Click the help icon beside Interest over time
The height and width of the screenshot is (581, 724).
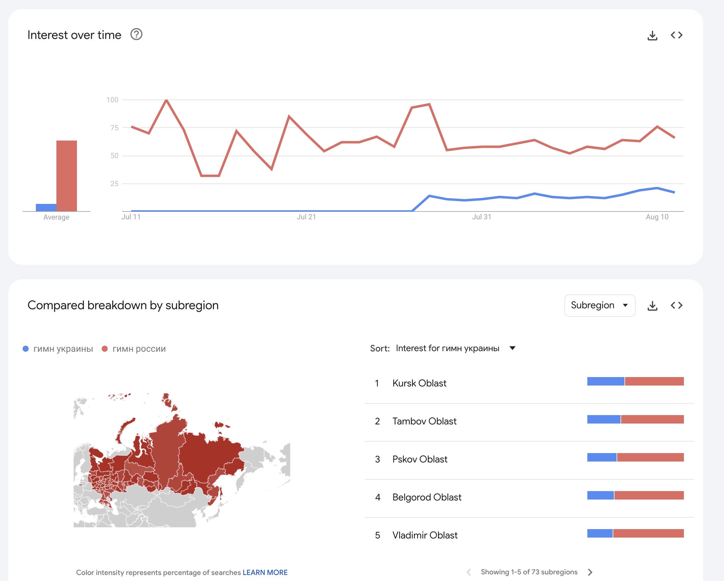[x=136, y=34]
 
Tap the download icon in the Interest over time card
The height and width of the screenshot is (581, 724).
[x=652, y=35]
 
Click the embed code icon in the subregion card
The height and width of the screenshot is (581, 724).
[x=676, y=305]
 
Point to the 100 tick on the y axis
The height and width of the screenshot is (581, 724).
[x=112, y=100]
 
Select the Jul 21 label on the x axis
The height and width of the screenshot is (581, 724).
[x=306, y=217]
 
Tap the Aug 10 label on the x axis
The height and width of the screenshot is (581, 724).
[x=657, y=217]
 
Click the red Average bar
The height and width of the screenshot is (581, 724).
[x=66, y=176]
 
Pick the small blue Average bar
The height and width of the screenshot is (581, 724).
[x=46, y=208]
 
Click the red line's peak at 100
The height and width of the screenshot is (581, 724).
[x=166, y=100]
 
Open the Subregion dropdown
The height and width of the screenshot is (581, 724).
[x=599, y=305]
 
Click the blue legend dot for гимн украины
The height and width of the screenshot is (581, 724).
[x=26, y=349]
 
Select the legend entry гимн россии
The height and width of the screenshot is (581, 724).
[x=139, y=349]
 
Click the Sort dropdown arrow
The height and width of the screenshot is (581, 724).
[x=512, y=348]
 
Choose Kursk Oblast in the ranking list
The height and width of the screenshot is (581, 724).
[x=419, y=383]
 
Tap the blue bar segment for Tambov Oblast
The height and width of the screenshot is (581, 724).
[x=603, y=419]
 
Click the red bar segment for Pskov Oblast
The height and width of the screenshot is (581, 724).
[x=650, y=457]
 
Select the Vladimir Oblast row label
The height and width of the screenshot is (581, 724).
[x=425, y=535]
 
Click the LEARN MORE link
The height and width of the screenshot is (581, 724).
[x=265, y=572]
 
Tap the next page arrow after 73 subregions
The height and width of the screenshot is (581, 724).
[x=590, y=572]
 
